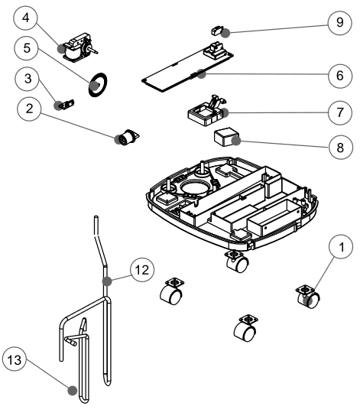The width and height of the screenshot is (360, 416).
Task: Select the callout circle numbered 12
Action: pos(140,270)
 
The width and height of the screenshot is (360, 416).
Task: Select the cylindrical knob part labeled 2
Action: pos(125,138)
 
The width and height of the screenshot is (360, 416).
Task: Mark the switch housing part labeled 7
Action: pos(208,112)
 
